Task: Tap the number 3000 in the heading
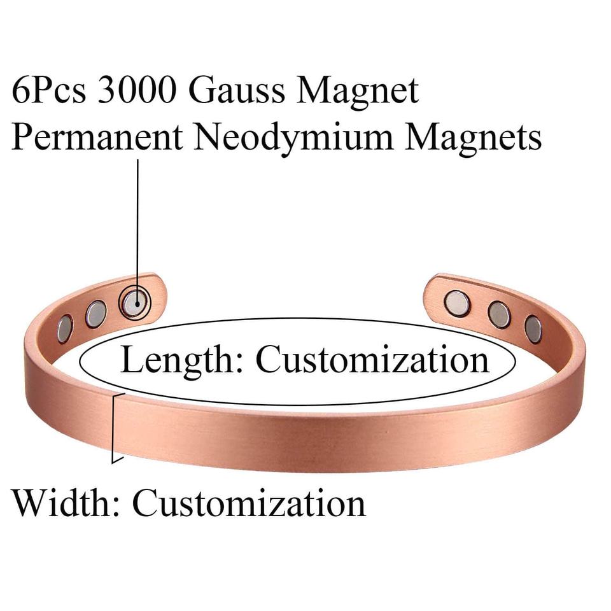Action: (x=136, y=91)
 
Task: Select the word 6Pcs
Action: (x=49, y=91)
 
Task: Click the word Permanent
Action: (x=97, y=137)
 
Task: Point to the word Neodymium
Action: (x=294, y=139)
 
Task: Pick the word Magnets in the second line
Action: (x=473, y=139)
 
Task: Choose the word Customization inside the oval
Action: (x=372, y=359)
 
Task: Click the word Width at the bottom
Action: (x=62, y=503)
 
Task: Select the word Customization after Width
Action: (x=249, y=503)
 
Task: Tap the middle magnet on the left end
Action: (x=96, y=314)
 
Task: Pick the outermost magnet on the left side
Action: (x=65, y=329)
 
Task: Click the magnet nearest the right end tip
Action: (x=457, y=303)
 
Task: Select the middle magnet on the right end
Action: (x=499, y=314)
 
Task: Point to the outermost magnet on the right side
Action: (x=533, y=329)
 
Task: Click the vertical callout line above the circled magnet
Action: (x=137, y=225)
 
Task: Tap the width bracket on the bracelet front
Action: (x=116, y=428)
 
